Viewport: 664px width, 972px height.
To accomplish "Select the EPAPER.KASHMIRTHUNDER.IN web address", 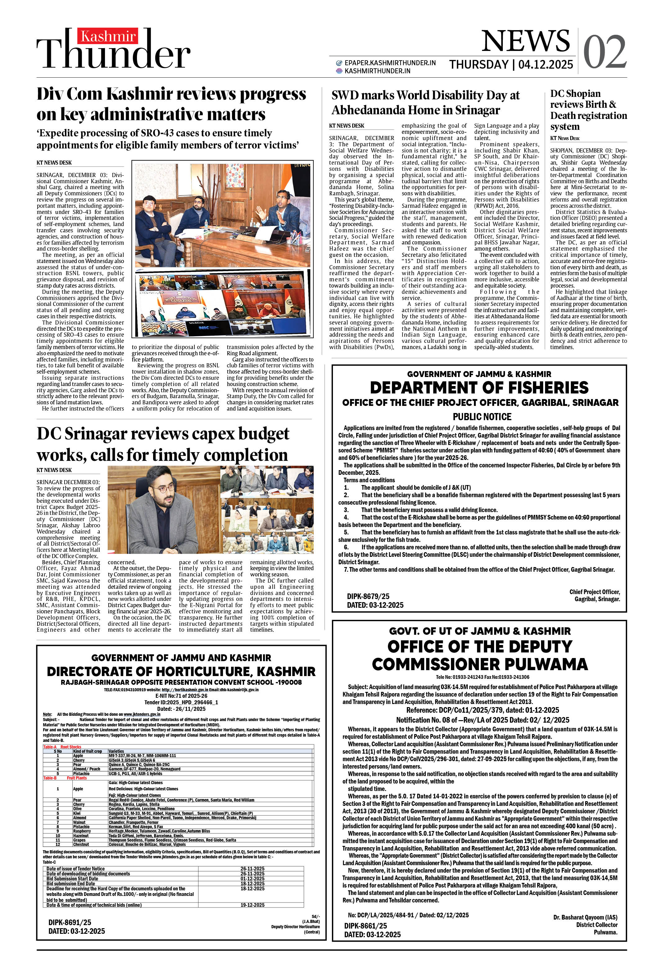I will pos(389,63).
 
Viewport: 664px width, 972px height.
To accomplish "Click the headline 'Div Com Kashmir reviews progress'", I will pos(171,94).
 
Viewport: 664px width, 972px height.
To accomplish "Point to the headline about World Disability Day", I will pos(425,102).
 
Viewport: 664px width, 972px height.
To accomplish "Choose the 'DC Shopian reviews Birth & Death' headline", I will pos(588,110).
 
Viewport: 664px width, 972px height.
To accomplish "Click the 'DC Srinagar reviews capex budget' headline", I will pos(163,434).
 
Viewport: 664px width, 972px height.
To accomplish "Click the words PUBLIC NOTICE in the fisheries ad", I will pos(482,416).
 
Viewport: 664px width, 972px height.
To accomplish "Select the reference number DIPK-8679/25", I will pos(368,596).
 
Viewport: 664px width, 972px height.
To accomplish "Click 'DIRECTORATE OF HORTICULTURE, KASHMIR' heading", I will pos(181,671).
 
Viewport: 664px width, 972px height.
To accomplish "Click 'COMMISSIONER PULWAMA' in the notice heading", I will pos(480,664).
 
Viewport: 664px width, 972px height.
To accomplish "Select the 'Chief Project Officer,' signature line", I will pos(594,592).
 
